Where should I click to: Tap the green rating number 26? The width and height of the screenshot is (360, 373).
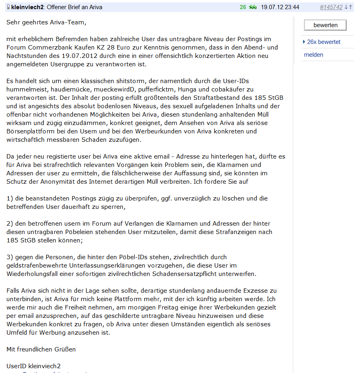point(243,7)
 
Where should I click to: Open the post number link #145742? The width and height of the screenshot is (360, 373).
point(331,7)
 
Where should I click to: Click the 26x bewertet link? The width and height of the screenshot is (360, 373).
point(324,42)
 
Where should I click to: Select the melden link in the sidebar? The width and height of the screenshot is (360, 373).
point(314,55)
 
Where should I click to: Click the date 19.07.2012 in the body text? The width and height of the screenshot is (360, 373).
point(91,56)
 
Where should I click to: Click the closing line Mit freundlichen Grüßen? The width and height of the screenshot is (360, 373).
point(41,349)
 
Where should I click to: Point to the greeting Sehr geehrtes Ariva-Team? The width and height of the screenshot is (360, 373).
point(46,22)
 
